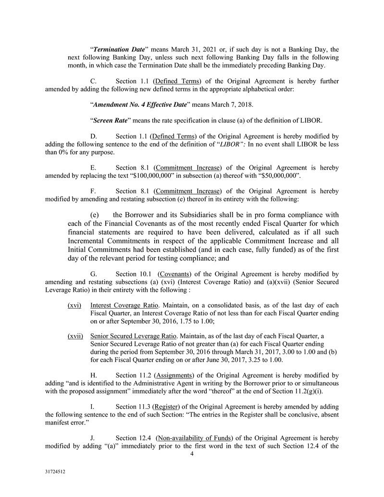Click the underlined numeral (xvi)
pyautogui.click(x=74, y=305)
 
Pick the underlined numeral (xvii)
pyautogui.click(x=75, y=336)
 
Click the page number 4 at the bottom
pyautogui.click(x=192, y=453)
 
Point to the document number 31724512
pyautogui.click(x=54, y=472)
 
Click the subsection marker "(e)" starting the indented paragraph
pyautogui.click(x=95, y=214)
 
